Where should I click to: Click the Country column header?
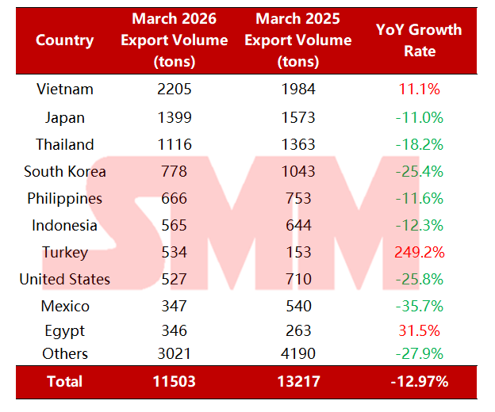(x=64, y=40)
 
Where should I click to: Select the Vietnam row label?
(x=64, y=90)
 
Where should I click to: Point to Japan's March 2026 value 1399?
(x=174, y=118)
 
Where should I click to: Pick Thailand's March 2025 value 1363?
(x=297, y=145)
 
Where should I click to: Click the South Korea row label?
(x=64, y=172)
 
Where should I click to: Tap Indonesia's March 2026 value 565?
(x=174, y=226)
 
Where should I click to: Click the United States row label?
(x=64, y=280)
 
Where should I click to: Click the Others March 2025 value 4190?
(x=297, y=354)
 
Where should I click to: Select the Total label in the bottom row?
(x=64, y=382)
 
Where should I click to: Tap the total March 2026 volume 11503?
(x=174, y=382)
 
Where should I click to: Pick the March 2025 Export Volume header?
(x=297, y=40)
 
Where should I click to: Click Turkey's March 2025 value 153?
(x=297, y=253)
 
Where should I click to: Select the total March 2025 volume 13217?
(x=297, y=382)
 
